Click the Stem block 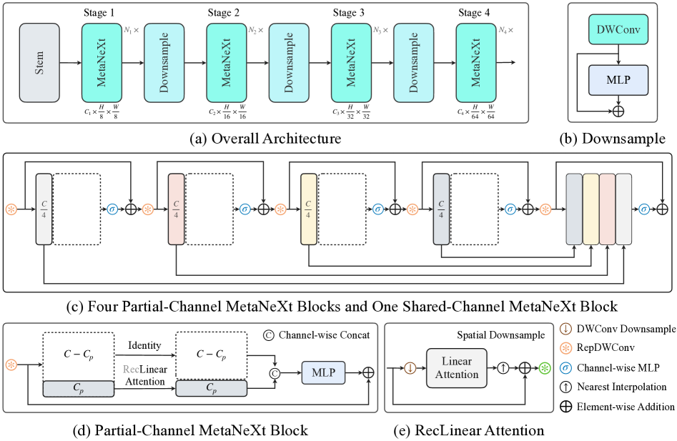coord(39,63)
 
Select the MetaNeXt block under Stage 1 coord(102,63)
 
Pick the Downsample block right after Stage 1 coord(164,63)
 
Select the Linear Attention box coord(457,369)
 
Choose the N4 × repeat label coord(507,31)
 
